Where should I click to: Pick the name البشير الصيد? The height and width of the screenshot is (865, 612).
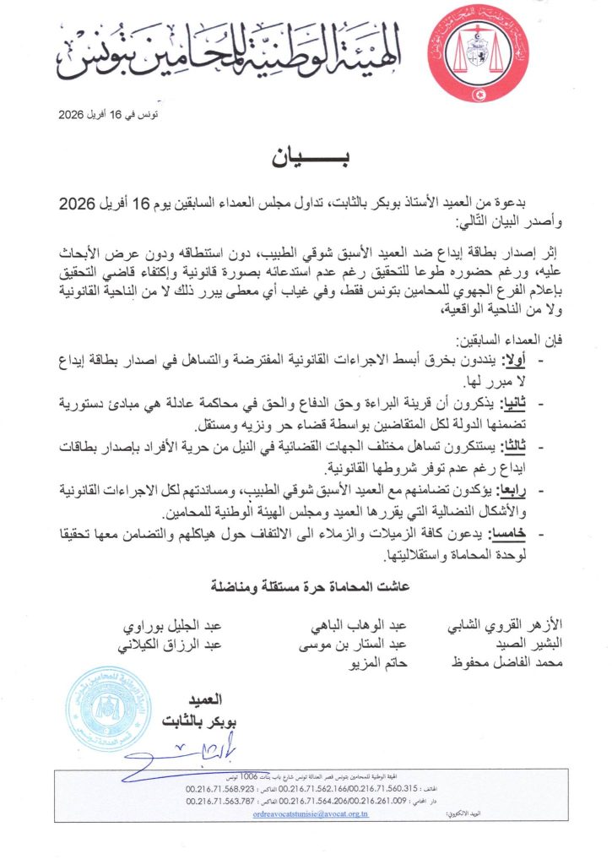coord(528,645)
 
